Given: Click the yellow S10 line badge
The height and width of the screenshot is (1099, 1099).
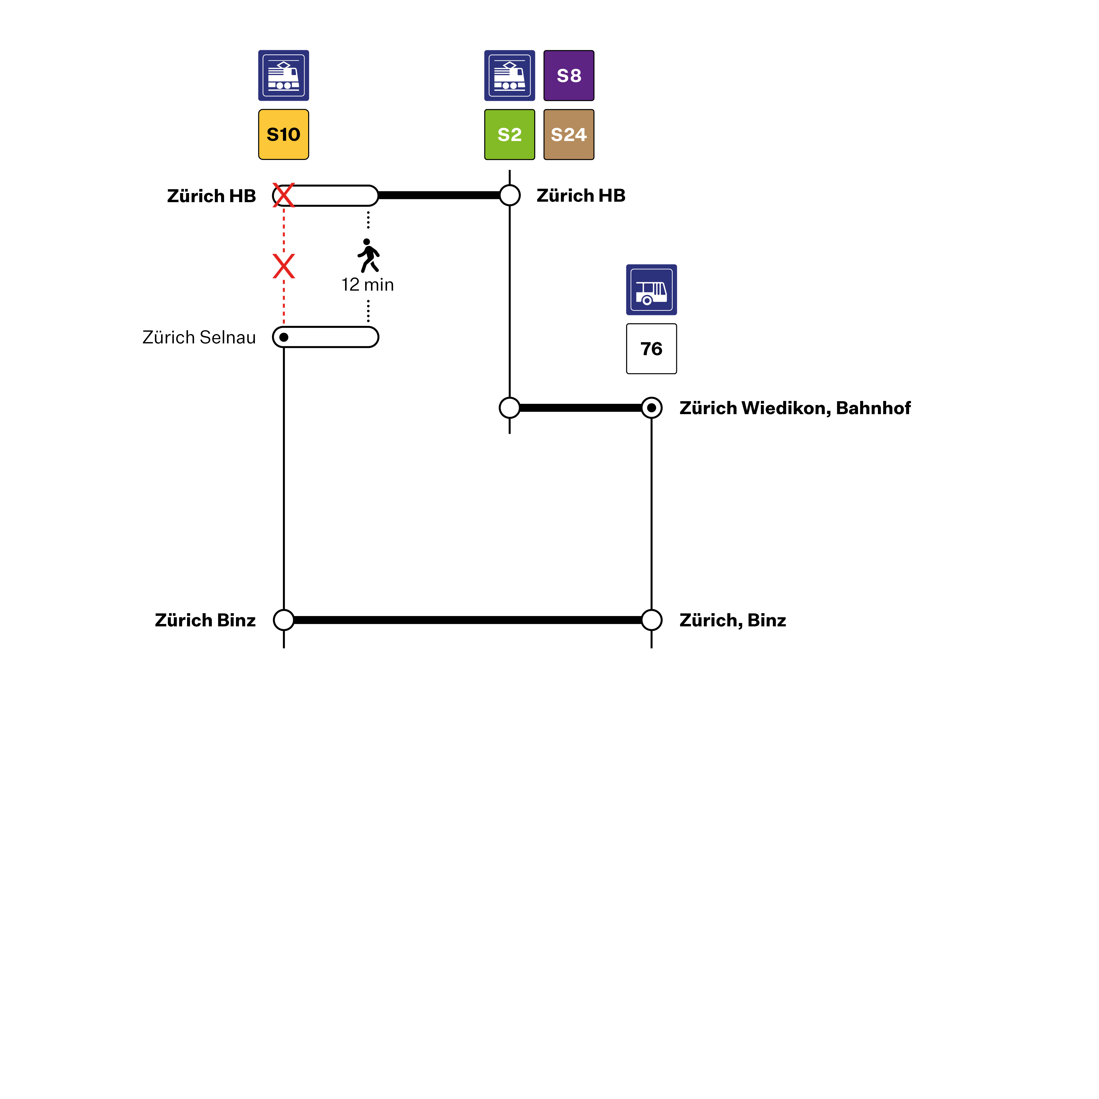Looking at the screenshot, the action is [283, 134].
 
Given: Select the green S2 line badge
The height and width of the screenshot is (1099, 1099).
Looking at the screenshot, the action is [510, 134].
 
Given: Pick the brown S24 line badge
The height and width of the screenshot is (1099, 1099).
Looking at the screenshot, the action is [569, 134].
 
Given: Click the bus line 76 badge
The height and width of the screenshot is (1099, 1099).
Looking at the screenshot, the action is [651, 349].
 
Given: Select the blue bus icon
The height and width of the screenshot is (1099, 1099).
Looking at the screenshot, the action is [651, 289].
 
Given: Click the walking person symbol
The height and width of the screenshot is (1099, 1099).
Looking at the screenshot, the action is [368, 255].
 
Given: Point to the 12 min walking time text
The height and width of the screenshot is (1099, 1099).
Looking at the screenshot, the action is [367, 284].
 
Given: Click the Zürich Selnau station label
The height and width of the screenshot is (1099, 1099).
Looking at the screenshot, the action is [199, 337].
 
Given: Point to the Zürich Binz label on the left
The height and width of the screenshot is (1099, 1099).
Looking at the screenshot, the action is [205, 620].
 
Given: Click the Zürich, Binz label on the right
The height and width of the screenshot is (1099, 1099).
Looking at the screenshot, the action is [733, 620].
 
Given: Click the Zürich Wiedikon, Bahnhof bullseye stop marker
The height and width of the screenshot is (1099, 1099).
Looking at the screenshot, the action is [651, 408].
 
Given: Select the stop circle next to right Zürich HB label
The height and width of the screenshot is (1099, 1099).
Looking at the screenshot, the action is [510, 195].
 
